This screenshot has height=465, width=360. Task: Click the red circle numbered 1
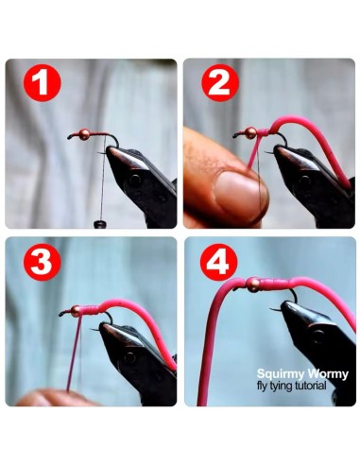[x=42, y=82]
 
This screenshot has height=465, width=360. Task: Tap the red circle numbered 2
[x=220, y=82]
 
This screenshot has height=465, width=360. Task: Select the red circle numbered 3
[x=42, y=262]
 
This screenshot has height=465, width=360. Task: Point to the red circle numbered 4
[x=218, y=262]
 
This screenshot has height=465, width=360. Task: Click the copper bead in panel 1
[x=84, y=134]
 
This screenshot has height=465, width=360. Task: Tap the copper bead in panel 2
[x=250, y=133]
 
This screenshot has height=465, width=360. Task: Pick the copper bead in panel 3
[x=76, y=311]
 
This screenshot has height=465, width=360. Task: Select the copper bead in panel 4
[x=252, y=284]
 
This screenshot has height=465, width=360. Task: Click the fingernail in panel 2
[x=240, y=195]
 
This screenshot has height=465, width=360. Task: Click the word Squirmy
[x=281, y=374]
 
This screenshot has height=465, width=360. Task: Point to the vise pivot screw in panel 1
[x=134, y=181]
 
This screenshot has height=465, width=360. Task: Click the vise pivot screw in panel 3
[x=129, y=357]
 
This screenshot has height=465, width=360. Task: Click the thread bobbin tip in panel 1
[x=100, y=224]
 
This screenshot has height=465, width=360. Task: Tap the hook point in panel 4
[x=271, y=309]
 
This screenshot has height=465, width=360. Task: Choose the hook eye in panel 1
[x=70, y=137]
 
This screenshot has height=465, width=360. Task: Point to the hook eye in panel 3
[x=61, y=314]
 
